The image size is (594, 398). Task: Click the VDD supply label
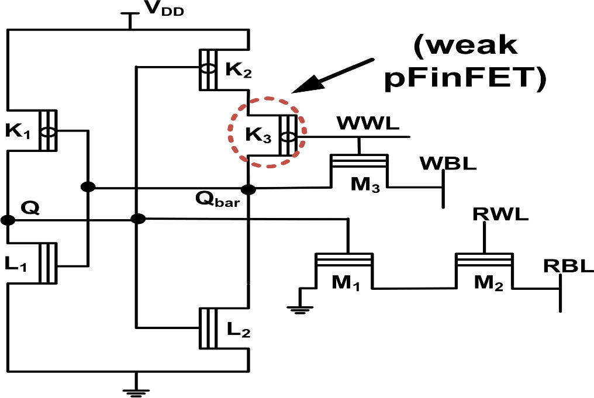coord(165,11)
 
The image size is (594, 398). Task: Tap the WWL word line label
coord(367,124)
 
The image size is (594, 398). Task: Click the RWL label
coord(500,213)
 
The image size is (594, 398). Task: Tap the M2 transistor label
coord(486,282)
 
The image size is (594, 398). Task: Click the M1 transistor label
coord(346,283)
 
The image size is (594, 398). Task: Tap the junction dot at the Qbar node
coord(249,189)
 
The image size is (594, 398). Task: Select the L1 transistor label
coord(18,264)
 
